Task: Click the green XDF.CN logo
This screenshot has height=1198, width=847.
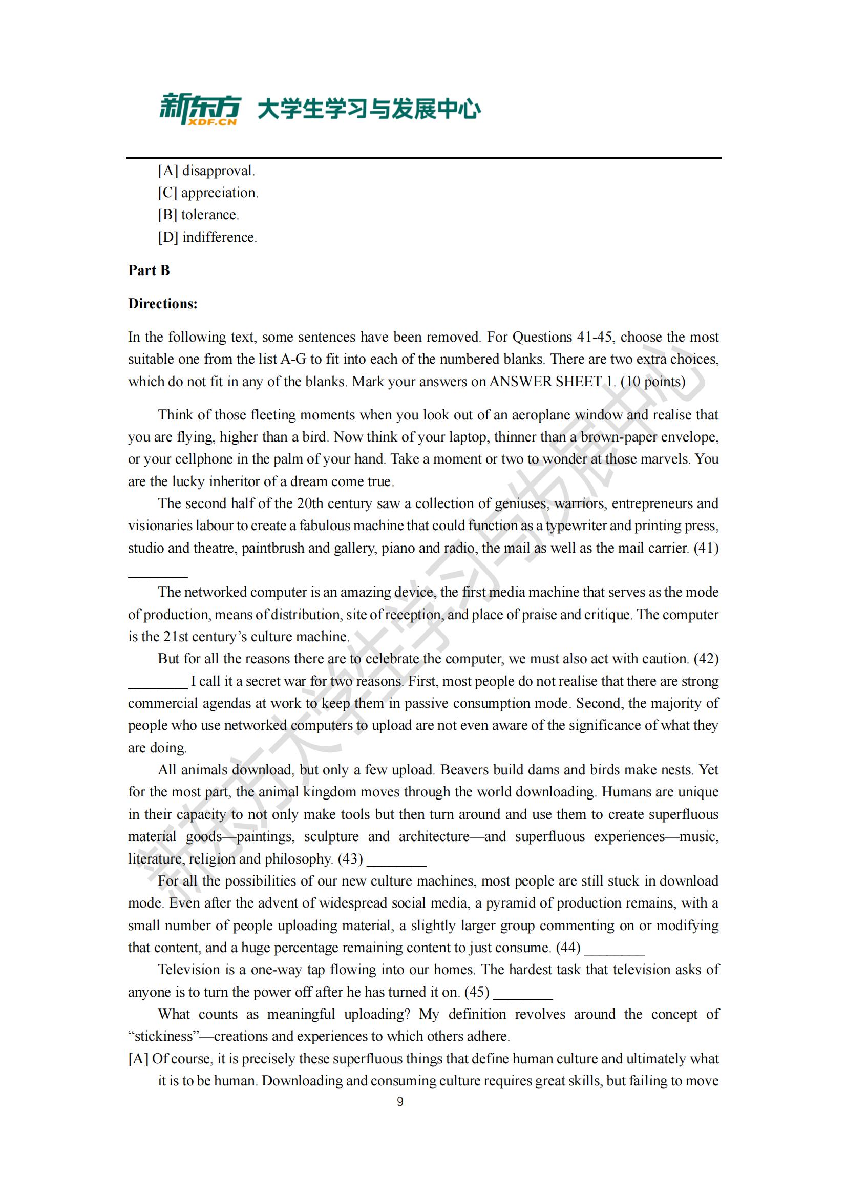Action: [200, 109]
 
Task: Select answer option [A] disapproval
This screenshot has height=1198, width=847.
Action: [206, 171]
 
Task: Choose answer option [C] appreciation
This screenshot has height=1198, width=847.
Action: [208, 193]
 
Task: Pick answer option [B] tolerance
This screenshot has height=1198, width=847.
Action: [199, 215]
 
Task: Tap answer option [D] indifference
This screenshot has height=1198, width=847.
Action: [207, 237]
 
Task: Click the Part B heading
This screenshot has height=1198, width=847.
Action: [149, 270]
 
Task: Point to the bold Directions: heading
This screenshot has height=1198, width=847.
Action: [163, 304]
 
